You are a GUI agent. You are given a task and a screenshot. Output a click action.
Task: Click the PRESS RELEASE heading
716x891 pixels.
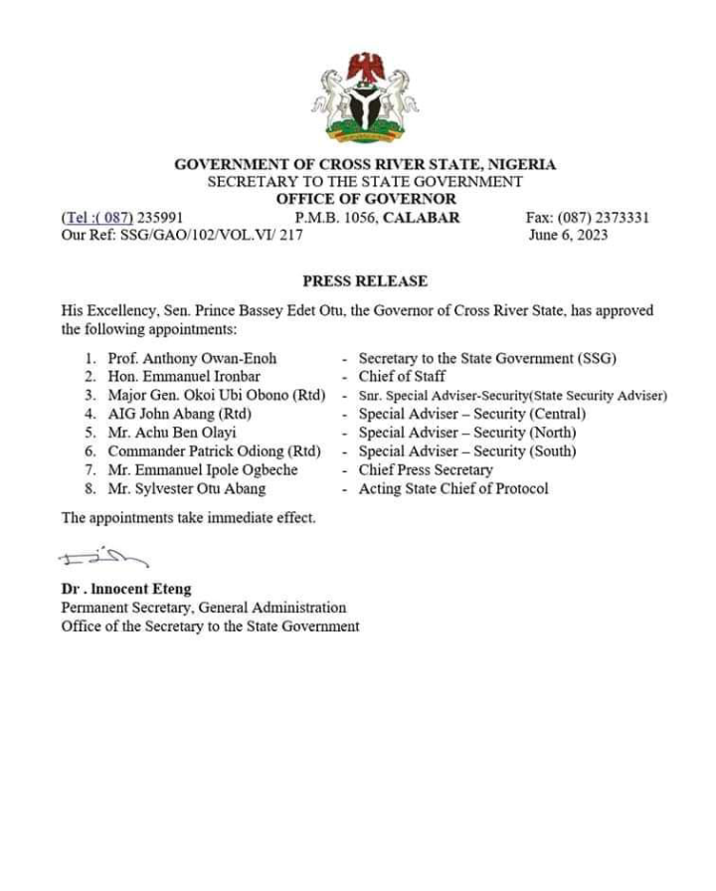365,281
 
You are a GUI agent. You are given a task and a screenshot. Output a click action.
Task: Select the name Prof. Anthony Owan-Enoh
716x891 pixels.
192,358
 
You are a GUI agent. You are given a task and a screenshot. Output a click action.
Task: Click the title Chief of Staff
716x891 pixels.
402,377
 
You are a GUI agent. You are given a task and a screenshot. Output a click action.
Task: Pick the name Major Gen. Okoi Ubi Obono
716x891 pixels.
217,395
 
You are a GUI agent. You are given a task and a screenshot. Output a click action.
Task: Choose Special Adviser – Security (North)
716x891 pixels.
467,433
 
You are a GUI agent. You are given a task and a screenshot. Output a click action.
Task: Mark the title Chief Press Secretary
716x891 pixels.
426,469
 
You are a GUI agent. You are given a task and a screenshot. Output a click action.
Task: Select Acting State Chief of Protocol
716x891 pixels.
453,488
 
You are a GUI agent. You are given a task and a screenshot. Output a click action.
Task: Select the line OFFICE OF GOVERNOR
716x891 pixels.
365,200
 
